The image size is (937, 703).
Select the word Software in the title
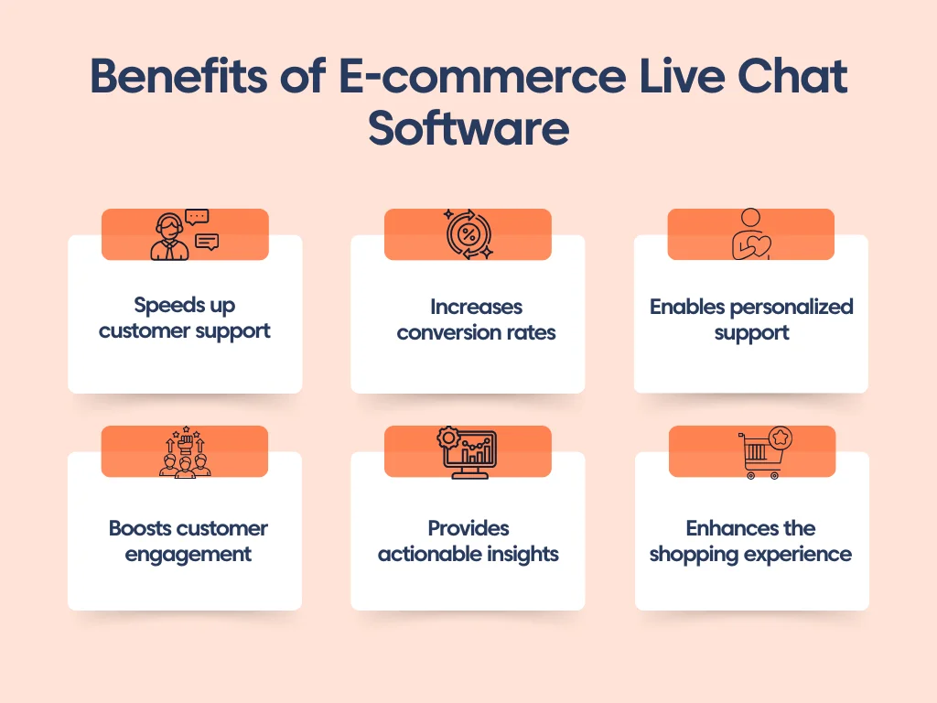pos(468,130)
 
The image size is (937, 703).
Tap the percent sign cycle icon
pos(468,235)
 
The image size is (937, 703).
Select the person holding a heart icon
pos(750,235)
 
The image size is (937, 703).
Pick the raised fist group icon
pos(185,451)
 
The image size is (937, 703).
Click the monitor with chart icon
pos(468,453)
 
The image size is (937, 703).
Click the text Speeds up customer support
pos(185,318)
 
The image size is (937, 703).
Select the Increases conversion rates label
pos(476,319)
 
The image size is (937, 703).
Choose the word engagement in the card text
pos(188,555)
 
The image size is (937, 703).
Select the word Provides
pos(468,528)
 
